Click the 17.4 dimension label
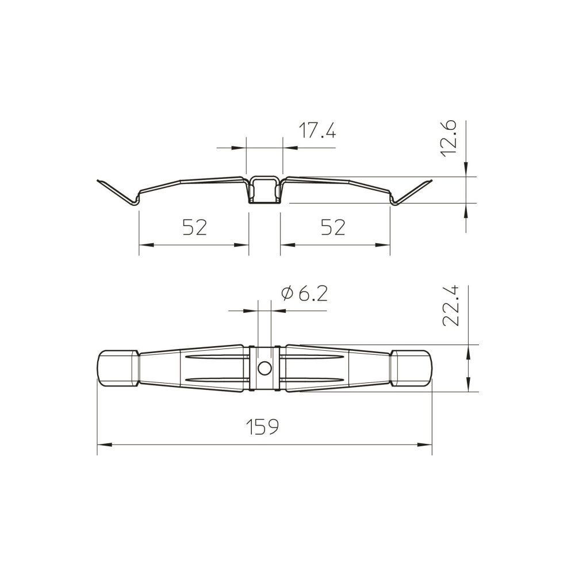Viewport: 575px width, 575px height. [317, 131]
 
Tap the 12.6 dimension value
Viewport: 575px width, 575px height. [448, 139]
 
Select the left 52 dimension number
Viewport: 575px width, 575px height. [195, 227]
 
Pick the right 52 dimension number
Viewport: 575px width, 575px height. [333, 227]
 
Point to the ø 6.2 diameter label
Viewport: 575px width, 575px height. [304, 293]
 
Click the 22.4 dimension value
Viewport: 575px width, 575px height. [451, 306]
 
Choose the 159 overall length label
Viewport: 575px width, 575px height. [262, 427]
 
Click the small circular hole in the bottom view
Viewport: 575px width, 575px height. [264, 368]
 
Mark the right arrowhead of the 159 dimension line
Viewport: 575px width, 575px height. [425, 445]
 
